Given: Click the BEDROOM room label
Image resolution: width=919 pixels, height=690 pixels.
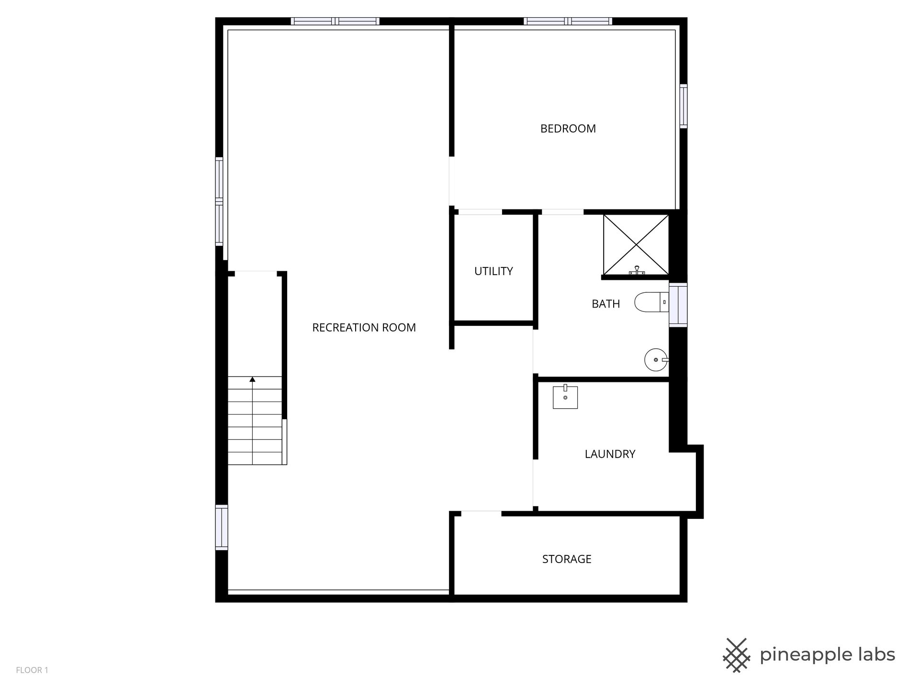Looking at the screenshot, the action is (x=568, y=128).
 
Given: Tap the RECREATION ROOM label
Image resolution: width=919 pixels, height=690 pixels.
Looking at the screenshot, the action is (x=364, y=328).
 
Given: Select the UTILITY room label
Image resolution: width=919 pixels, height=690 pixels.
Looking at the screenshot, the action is (x=493, y=271).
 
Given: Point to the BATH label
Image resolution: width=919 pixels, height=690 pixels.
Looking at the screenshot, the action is (x=605, y=304).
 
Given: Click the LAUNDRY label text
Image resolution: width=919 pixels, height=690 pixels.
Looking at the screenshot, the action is (x=610, y=454).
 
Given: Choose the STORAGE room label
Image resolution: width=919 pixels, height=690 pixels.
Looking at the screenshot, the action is (x=567, y=559).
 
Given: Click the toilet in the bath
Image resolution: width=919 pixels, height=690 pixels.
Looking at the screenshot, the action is (x=651, y=302).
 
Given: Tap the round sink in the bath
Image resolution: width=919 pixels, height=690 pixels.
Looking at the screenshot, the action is (x=656, y=360).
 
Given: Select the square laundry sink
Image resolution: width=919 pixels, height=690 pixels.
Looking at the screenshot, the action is (x=565, y=397).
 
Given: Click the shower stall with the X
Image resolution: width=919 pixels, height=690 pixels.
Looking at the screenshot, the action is (x=636, y=245).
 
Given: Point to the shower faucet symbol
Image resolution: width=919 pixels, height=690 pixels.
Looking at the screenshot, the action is (x=637, y=271).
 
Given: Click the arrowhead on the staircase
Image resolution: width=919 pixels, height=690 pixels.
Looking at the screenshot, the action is (x=252, y=379).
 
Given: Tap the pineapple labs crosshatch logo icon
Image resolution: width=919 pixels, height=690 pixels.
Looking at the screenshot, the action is (x=737, y=655).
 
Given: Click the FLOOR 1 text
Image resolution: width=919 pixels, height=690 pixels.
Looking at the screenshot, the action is (x=32, y=670).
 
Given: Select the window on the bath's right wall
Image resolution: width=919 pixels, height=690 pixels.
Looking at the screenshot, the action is (x=678, y=305).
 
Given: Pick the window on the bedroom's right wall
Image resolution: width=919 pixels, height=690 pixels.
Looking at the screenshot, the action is (x=683, y=106).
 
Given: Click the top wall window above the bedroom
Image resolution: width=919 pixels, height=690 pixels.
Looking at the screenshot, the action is (x=568, y=21).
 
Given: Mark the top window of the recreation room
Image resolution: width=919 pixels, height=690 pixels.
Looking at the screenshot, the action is (x=335, y=21).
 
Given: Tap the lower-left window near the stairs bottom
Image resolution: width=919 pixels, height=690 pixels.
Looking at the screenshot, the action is (x=221, y=527).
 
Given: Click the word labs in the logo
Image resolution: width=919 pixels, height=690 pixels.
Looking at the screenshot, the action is (x=872, y=655).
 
